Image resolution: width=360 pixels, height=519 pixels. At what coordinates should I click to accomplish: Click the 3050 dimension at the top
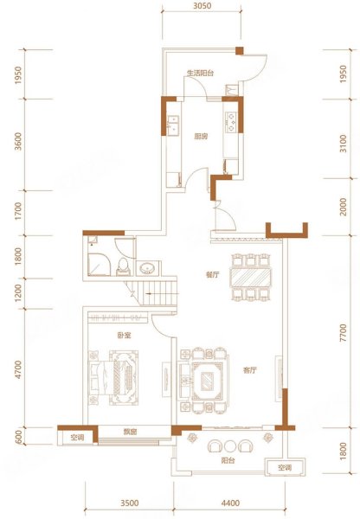click(202, 6)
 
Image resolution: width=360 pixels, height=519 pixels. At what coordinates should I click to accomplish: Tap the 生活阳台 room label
click(201, 74)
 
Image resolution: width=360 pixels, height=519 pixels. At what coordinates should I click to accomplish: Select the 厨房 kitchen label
click(201, 137)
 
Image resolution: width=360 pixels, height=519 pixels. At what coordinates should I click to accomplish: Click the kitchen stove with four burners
click(231, 122)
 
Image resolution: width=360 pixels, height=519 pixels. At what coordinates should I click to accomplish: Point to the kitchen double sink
click(173, 125)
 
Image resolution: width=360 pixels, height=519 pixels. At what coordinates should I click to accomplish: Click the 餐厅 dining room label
click(212, 275)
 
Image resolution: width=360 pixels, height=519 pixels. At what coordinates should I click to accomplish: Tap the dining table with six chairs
click(250, 277)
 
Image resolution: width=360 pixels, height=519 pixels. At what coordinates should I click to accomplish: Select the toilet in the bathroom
click(123, 266)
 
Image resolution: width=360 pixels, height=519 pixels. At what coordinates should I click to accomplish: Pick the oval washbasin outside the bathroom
click(148, 268)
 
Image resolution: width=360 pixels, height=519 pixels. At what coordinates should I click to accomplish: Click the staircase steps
click(155, 293)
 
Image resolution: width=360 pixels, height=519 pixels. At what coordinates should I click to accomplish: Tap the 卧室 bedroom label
click(125, 336)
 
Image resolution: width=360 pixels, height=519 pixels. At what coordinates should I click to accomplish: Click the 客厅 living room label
click(250, 370)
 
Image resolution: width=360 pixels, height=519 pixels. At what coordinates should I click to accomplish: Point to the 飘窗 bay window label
click(130, 432)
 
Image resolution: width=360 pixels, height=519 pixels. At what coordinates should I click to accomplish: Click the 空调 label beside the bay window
click(77, 438)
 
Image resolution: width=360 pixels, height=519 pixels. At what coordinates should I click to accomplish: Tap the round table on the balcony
click(230, 446)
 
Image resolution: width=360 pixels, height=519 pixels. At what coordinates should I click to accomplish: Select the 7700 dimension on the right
click(344, 333)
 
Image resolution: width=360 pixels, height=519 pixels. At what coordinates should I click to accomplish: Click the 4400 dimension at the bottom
click(230, 503)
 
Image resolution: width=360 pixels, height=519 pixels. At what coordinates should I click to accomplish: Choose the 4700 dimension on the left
click(18, 369)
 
